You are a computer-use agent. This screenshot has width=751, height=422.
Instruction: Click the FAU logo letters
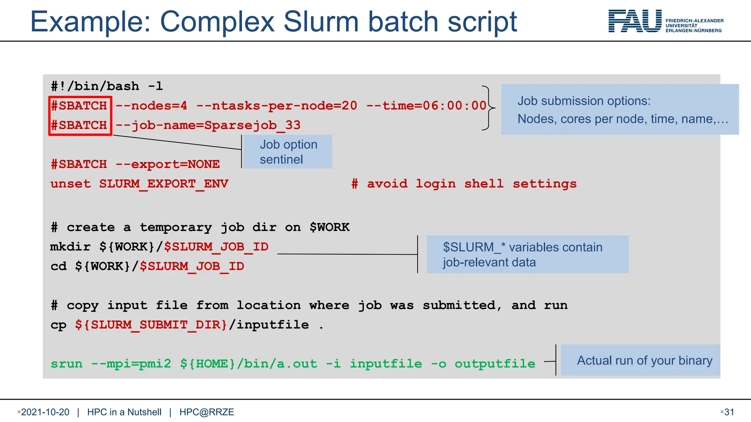635,21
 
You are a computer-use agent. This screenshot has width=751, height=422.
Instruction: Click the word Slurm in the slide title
321,22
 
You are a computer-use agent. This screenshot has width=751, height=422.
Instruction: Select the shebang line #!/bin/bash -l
107,86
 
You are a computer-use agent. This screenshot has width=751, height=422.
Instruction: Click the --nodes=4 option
151,106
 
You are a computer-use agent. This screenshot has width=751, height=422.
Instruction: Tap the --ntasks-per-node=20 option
277,106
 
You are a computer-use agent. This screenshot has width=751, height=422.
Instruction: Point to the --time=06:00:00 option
426,106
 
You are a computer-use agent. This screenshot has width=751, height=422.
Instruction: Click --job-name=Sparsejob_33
208,125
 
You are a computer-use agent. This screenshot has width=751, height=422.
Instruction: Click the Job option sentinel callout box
288,152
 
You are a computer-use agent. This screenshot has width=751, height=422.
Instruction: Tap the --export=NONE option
168,164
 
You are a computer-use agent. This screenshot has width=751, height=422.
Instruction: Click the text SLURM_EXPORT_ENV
164,184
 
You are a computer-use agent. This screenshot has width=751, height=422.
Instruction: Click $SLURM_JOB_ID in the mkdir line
216,247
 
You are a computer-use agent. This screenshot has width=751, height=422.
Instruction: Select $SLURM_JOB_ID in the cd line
192,266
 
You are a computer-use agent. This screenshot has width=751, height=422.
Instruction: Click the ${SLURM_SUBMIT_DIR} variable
151,325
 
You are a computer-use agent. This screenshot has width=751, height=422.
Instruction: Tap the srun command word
66,364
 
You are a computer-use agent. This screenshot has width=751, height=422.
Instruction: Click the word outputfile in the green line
495,364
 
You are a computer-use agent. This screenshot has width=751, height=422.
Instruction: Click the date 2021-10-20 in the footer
45,412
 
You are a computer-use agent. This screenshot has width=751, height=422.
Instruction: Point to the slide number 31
729,412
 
